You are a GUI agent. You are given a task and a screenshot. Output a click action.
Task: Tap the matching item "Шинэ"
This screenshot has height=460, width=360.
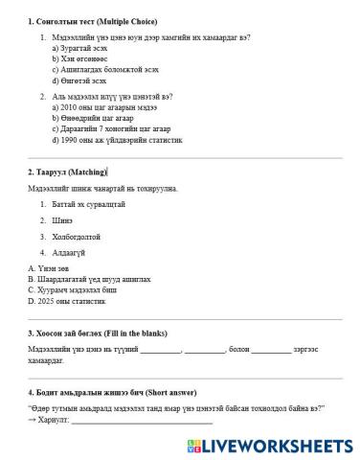[62, 219]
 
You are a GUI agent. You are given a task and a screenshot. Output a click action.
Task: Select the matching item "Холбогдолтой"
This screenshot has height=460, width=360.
[77, 236]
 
